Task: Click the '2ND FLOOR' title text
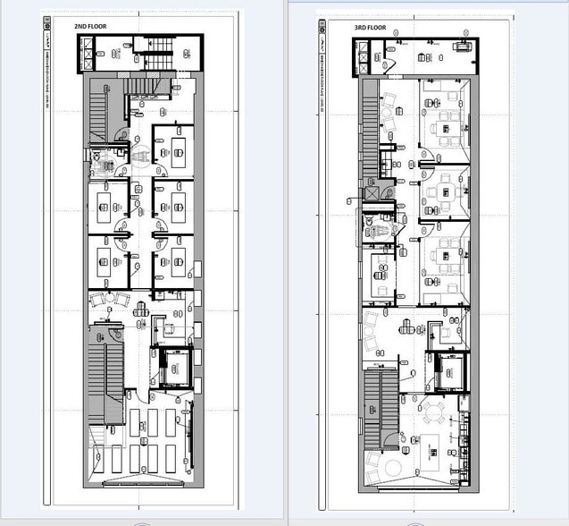click(89, 27)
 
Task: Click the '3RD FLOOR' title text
click(370, 28)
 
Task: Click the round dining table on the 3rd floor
click(435, 411)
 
